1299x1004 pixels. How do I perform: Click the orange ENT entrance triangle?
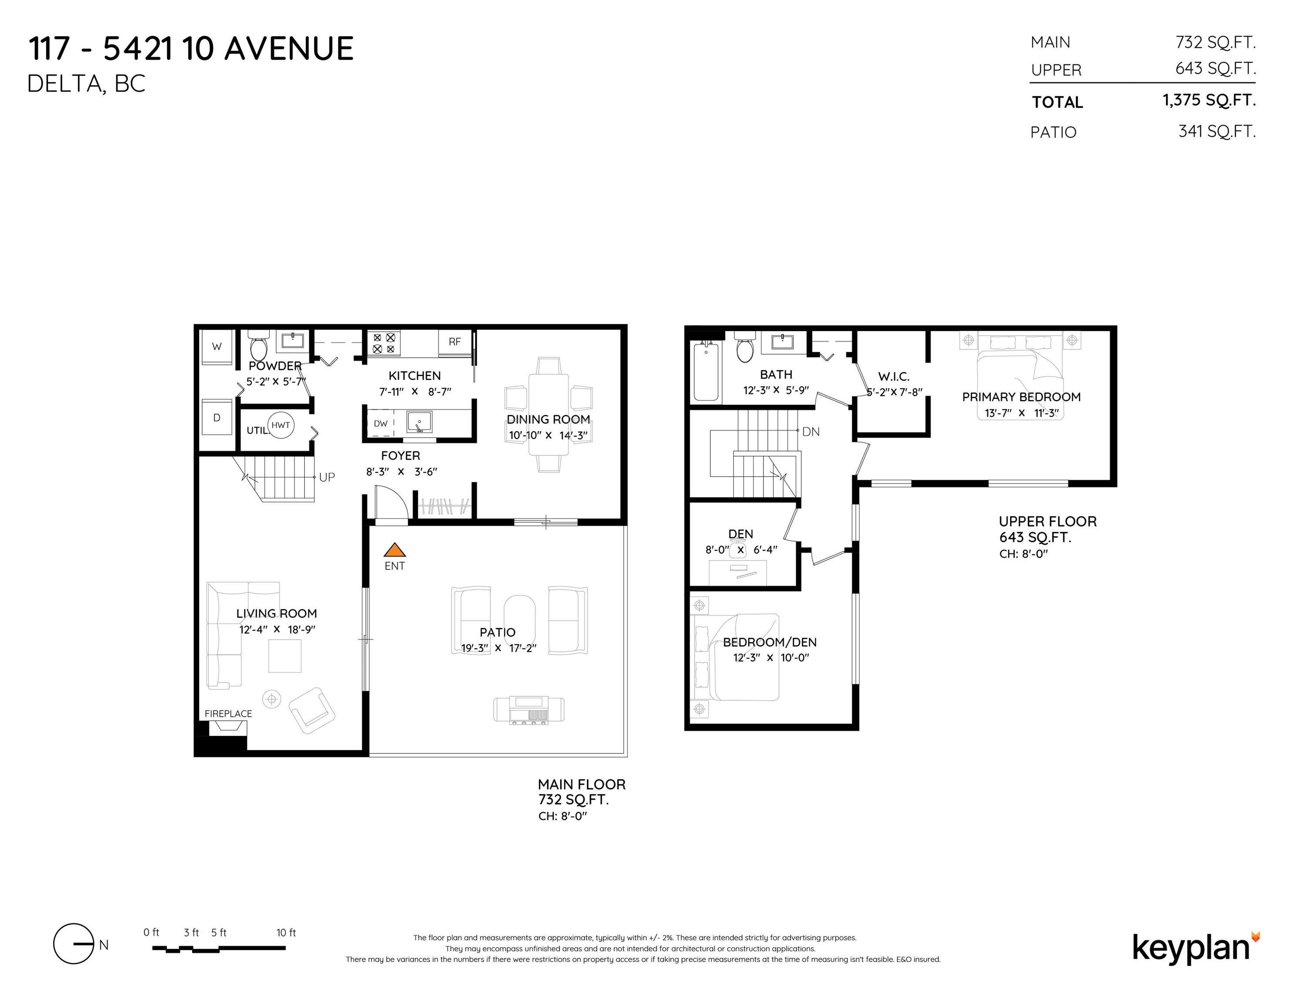(x=394, y=550)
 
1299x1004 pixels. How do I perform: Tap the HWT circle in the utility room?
(x=281, y=425)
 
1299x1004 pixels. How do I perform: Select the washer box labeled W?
(x=217, y=347)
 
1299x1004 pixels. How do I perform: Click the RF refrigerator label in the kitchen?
(x=454, y=342)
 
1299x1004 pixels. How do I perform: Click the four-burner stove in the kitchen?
(x=384, y=344)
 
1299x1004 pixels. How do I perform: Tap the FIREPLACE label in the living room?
(x=228, y=714)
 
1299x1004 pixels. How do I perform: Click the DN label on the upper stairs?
(x=811, y=432)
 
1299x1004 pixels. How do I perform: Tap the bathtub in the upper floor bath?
(x=706, y=372)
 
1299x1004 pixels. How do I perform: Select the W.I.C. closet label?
(x=893, y=376)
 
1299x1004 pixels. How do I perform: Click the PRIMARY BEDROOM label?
(x=1021, y=397)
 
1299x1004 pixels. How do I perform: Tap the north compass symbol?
(x=74, y=944)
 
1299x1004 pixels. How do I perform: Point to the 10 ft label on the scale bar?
(x=286, y=933)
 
